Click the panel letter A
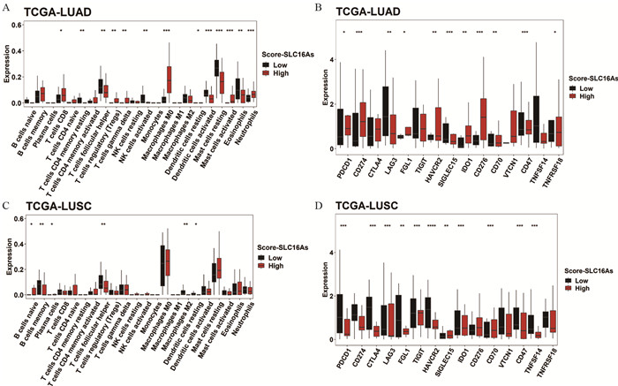click(6, 5)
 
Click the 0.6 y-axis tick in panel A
click(17, 24)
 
